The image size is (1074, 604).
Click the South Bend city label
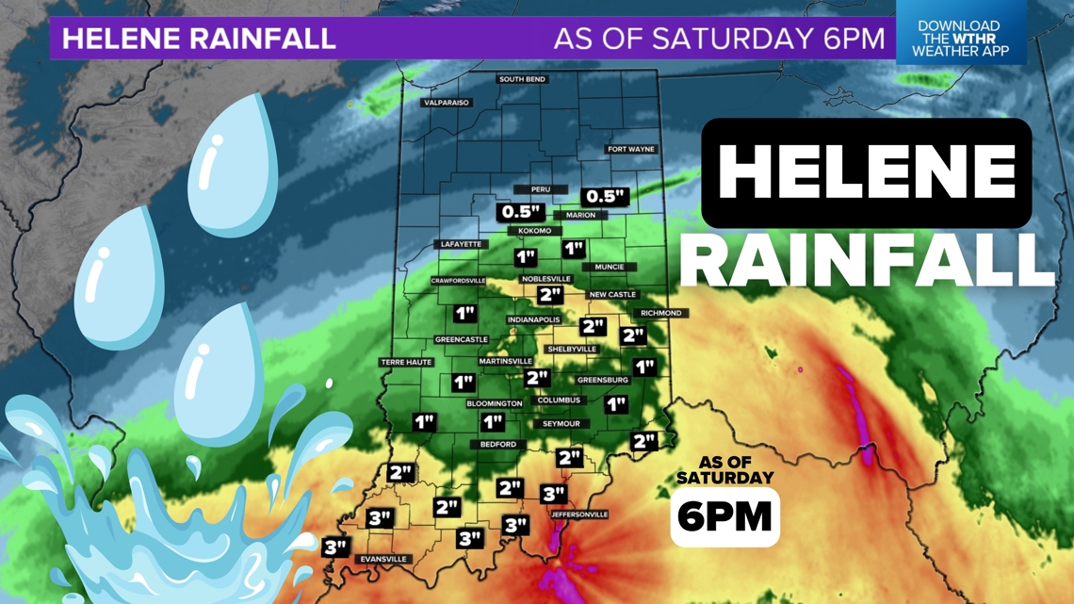point(523,79)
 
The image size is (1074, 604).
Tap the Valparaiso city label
point(446,103)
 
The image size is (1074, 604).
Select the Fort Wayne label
point(630,149)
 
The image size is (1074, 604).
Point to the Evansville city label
point(383,559)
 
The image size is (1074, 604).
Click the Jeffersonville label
point(579,514)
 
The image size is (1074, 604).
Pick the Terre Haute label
point(406,362)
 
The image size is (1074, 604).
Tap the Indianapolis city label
point(534,320)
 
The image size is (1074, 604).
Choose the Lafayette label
point(461,244)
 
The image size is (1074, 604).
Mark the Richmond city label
point(660,313)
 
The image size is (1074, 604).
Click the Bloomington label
point(495,403)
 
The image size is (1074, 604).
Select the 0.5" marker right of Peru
point(605,196)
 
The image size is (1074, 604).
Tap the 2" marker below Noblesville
point(550,295)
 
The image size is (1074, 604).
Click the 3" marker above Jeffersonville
point(554,494)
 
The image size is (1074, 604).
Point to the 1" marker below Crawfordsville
point(464,313)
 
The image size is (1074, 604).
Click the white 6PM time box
point(724,516)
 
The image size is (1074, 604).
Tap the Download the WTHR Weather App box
point(959,39)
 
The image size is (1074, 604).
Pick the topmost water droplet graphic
point(233,167)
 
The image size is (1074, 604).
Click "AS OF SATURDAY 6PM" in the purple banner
point(719,39)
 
